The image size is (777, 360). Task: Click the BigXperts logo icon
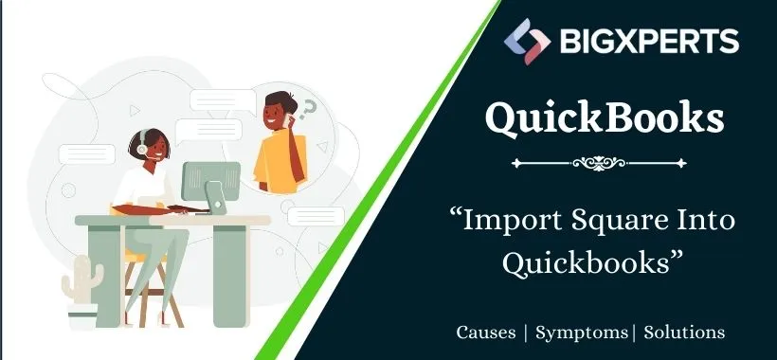click(x=528, y=41)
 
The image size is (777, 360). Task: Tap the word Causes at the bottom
click(x=487, y=333)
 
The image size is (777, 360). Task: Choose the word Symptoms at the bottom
click(x=582, y=333)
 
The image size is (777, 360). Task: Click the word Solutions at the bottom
click(x=684, y=333)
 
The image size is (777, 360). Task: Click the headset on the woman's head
click(x=141, y=146)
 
